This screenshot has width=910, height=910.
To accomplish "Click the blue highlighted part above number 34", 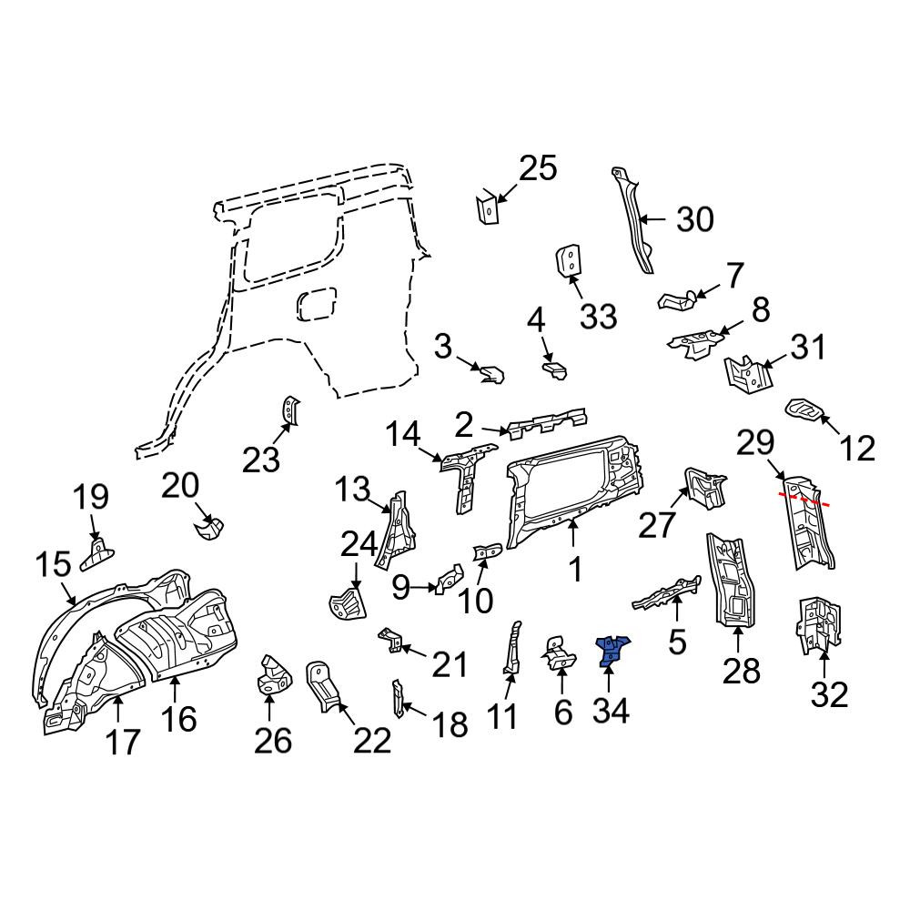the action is [612, 650].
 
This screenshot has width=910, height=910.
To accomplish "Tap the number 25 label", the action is [538, 168].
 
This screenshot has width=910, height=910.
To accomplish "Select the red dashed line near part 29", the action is [804, 499].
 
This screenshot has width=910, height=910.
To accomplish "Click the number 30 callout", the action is [694, 220].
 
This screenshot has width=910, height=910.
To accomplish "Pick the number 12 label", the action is [857, 448].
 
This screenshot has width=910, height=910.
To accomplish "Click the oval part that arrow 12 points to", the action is [805, 409].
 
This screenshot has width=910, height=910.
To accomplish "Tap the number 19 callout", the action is [92, 498].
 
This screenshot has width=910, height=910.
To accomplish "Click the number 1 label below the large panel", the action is [574, 570].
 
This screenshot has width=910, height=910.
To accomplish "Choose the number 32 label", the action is [829, 694].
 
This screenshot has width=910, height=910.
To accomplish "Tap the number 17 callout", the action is [123, 743].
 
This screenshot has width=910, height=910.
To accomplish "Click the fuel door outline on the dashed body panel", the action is [317, 304].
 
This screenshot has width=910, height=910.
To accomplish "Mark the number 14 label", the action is [403, 435].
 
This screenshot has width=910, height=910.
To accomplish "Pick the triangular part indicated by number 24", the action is [348, 605].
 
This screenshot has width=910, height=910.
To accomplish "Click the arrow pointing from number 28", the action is [738, 640].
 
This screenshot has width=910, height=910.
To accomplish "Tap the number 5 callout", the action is [677, 642].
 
